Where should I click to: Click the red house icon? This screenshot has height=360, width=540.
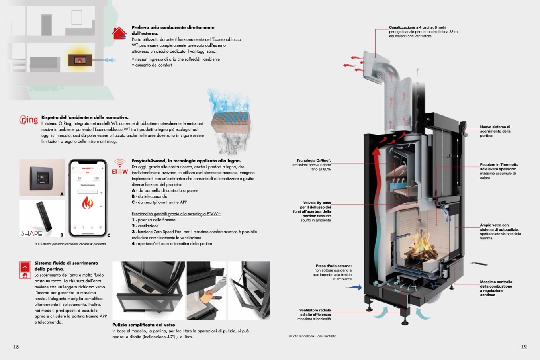point(119,33)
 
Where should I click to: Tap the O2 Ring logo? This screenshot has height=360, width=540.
point(29,119)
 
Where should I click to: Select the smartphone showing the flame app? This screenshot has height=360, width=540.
point(88,198)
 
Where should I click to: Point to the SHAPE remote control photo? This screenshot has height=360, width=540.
point(42,218)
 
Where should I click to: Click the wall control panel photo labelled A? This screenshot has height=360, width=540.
point(42,178)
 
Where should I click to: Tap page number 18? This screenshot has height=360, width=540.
point(16,347)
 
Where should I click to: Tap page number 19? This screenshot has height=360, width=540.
point(524,347)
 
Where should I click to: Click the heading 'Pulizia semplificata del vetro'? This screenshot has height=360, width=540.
point(144,325)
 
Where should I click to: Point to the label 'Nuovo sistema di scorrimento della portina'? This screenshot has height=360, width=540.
point(495,131)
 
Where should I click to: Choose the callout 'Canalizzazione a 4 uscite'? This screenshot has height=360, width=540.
point(423,32)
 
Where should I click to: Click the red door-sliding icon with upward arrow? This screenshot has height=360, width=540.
point(25,270)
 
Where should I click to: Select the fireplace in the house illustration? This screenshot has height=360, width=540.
point(80,61)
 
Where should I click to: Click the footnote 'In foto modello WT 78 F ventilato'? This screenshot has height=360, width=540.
point(313,336)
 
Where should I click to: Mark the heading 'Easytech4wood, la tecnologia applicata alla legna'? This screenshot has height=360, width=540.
point(186,161)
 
